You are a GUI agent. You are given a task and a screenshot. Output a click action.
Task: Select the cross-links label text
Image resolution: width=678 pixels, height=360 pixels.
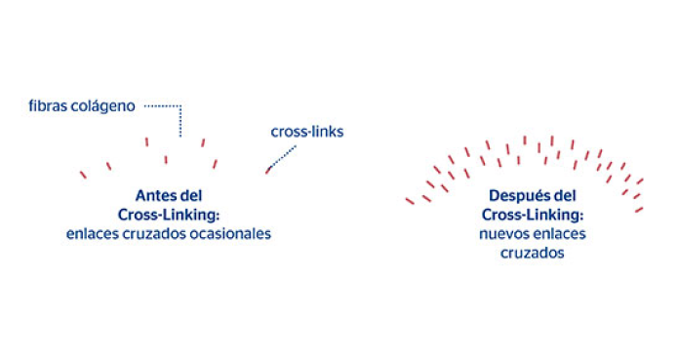pyautogui.click(x=306, y=131)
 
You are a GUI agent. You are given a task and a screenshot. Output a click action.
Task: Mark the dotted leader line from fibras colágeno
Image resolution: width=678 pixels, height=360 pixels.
pyautogui.click(x=179, y=117)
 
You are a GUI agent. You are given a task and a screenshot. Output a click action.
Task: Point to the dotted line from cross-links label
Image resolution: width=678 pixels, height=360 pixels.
pyautogui.click(x=283, y=155)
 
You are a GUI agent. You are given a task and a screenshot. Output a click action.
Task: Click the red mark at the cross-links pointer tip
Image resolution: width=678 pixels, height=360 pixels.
pyautogui.click(x=267, y=171)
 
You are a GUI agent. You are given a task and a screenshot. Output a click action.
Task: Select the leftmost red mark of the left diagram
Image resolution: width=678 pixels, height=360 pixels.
pyautogui.click(x=83, y=175)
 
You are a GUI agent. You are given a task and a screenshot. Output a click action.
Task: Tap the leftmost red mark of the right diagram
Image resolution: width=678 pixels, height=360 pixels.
pyautogui.click(x=410, y=201)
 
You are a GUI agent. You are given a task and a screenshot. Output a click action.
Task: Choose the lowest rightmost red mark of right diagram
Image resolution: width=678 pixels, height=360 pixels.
pyautogui.click(x=639, y=209)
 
